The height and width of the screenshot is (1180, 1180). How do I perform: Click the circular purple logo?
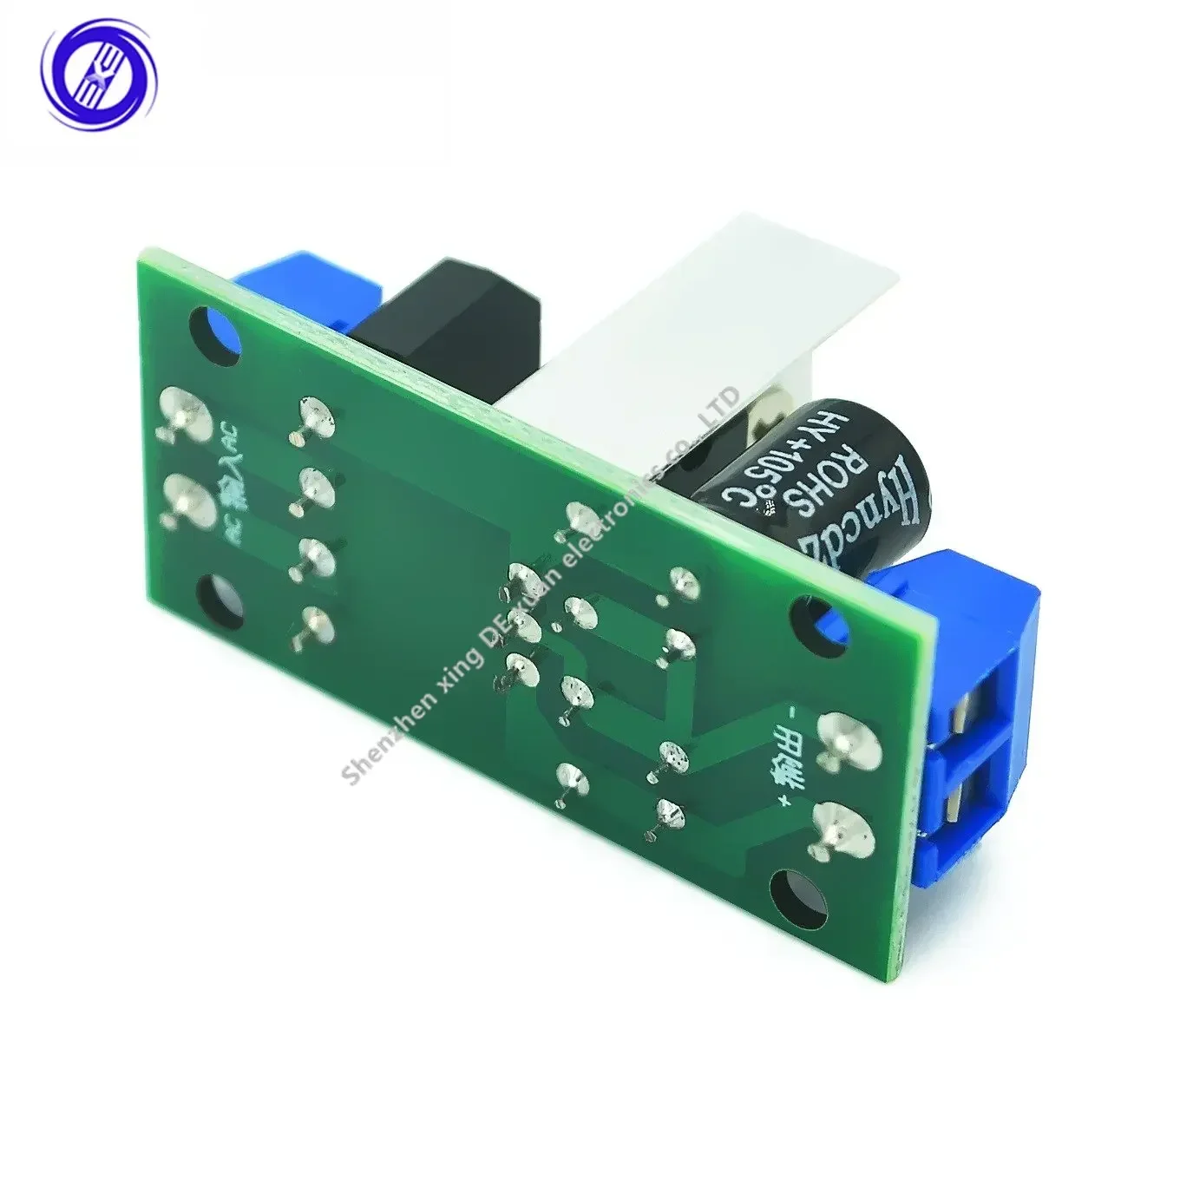[100, 73]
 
